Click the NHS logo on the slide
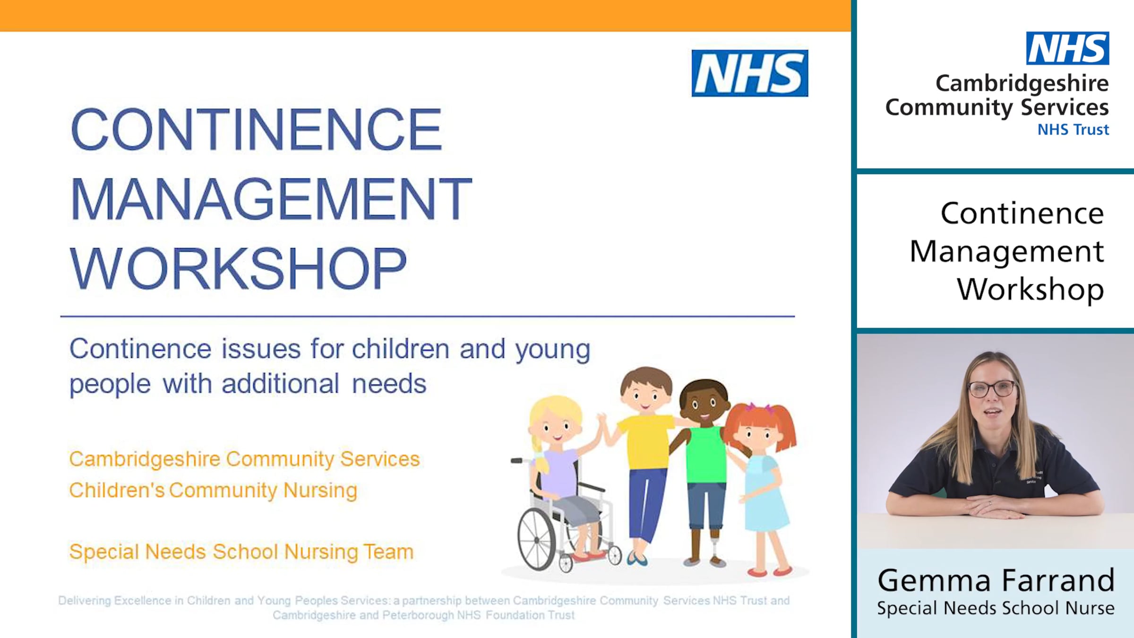749,73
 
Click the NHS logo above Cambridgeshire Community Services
1067,48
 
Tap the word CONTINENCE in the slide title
256,129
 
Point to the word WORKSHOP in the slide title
238,268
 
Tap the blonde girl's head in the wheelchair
555,421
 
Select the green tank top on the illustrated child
706,454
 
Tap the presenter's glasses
992,389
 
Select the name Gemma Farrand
996,580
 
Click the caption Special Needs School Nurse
996,608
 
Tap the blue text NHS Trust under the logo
1073,129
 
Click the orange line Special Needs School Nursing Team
241,552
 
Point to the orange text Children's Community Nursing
213,490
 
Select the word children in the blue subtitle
400,349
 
